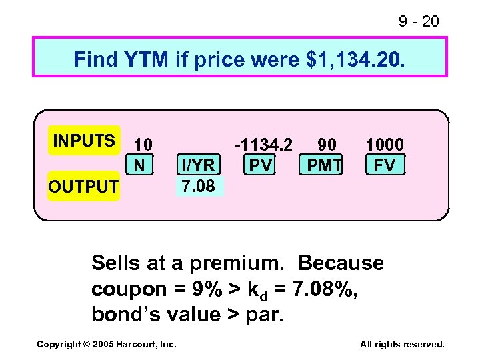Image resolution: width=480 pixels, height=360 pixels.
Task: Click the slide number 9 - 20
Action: [x=419, y=22]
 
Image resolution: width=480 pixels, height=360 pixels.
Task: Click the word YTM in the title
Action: [x=145, y=59]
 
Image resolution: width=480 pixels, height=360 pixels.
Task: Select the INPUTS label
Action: [x=84, y=141]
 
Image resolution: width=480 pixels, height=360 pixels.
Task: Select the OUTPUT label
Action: [x=83, y=187]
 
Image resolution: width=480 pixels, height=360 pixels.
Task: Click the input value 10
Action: [x=143, y=145]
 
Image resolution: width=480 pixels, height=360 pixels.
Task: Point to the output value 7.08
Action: [x=197, y=186]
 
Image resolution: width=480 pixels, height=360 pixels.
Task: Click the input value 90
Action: [x=326, y=145]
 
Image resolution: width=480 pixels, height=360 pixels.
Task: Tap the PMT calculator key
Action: [x=323, y=165]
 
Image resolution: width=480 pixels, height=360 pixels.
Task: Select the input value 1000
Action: [x=385, y=145]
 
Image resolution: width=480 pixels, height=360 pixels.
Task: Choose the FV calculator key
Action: [x=385, y=165]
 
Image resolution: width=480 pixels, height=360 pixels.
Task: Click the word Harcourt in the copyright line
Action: [x=136, y=344]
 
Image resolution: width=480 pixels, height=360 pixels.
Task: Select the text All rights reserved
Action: [x=402, y=344]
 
